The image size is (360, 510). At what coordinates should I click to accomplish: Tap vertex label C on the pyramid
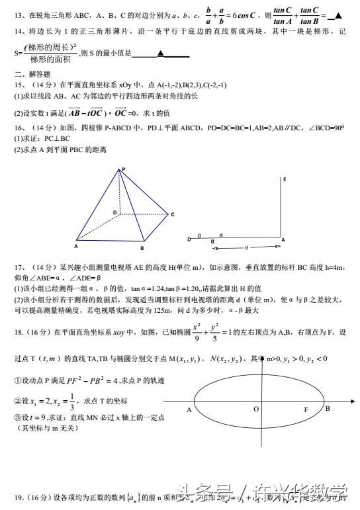(x=172, y=214)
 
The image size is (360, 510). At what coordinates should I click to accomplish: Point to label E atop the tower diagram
(x=284, y=179)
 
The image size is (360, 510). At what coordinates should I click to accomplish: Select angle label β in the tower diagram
(x=199, y=235)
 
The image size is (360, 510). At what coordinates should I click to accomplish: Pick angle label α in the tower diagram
(x=221, y=234)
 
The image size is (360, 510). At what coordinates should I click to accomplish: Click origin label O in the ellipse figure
(x=255, y=410)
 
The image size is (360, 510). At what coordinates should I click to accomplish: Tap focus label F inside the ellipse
(x=306, y=410)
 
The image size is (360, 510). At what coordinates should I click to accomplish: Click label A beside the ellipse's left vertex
(x=189, y=410)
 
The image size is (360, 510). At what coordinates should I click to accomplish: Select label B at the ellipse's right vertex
(x=327, y=408)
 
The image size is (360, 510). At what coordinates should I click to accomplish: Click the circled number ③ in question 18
(x=17, y=418)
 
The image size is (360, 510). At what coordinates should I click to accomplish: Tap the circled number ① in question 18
(x=17, y=381)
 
